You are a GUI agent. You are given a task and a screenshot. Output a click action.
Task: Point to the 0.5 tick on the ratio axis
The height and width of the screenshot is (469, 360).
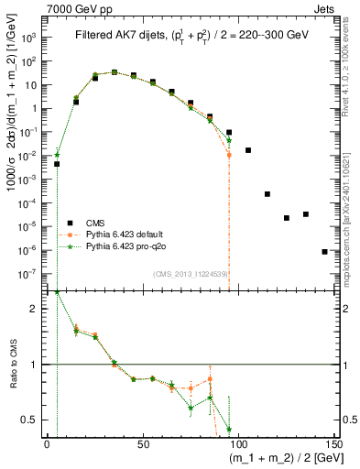[x=34, y=420]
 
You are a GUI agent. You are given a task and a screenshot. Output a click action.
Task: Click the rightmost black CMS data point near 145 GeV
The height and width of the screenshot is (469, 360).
[x=325, y=251]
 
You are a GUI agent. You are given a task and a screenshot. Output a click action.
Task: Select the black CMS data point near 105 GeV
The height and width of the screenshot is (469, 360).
[x=248, y=149]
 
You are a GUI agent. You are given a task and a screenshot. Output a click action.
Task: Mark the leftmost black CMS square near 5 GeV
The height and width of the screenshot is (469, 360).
[x=57, y=164]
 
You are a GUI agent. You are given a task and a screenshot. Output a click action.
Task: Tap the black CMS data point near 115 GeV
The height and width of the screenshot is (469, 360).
[x=267, y=194]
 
